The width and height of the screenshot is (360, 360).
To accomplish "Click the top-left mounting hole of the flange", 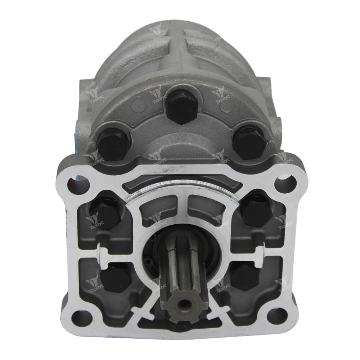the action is tap(78, 184).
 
